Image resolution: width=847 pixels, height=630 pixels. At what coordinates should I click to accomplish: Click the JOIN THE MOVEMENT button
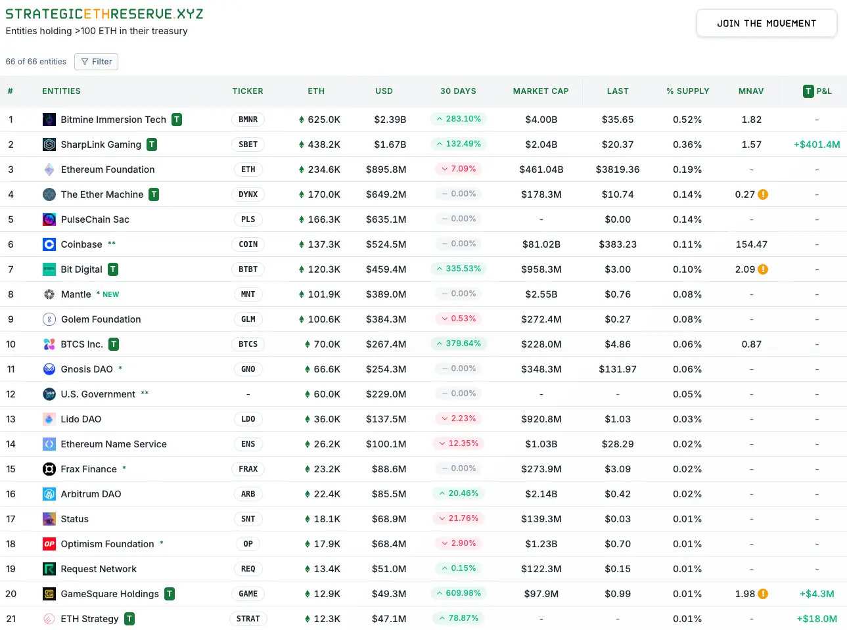766,24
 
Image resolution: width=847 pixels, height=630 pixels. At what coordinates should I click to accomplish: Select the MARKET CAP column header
540,91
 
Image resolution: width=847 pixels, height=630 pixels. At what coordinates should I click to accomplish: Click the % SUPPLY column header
687,91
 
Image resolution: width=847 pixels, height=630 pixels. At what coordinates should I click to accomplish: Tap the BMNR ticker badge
248,120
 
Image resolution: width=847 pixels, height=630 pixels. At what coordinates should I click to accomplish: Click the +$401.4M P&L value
816,145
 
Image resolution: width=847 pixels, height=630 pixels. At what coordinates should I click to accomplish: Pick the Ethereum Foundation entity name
108,169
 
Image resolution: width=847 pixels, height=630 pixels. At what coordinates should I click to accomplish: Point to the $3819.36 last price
617,169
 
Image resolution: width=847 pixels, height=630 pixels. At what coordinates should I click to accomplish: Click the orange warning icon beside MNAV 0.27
763,194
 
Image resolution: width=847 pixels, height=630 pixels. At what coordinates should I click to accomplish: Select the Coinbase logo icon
49,244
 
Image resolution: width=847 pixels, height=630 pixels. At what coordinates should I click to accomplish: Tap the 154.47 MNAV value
751,244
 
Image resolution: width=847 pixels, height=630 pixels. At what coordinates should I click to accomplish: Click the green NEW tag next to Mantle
110,294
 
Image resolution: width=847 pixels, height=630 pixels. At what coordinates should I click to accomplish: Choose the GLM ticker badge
248,319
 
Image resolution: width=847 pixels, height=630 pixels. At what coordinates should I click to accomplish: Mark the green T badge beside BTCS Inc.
114,344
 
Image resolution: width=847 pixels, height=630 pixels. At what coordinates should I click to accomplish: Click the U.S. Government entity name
98,394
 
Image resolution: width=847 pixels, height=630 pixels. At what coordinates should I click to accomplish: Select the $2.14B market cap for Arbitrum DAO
541,494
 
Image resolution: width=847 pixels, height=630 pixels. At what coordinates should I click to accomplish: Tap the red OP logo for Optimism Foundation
49,544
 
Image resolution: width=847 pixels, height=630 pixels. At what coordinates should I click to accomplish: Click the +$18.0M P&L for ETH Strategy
816,619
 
